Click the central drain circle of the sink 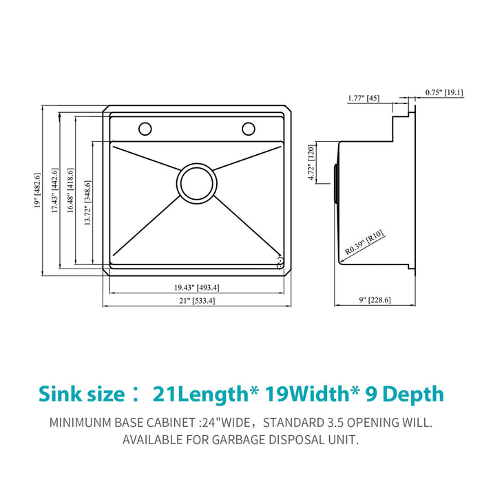tap(196, 182)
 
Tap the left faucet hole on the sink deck tap(145, 128)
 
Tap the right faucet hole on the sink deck tap(248, 128)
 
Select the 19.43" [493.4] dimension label tap(196, 287)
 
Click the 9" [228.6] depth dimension tap(375, 300)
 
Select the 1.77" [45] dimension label tap(363, 98)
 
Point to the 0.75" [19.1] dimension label tap(443, 92)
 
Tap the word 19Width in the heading tap(321, 394)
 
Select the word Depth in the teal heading tap(413, 394)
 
